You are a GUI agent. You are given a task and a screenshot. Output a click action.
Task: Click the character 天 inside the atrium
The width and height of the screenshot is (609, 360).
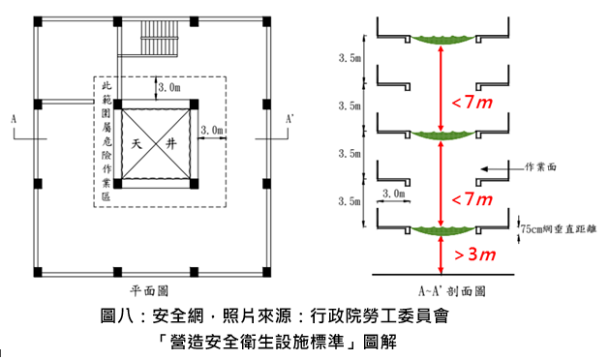pyautogui.click(x=137, y=142)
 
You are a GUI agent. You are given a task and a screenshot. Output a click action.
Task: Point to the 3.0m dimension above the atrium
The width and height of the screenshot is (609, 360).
pyautogui.click(x=167, y=88)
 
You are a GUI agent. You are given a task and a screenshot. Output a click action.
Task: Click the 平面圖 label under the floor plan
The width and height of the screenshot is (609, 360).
pyautogui.click(x=150, y=289)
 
